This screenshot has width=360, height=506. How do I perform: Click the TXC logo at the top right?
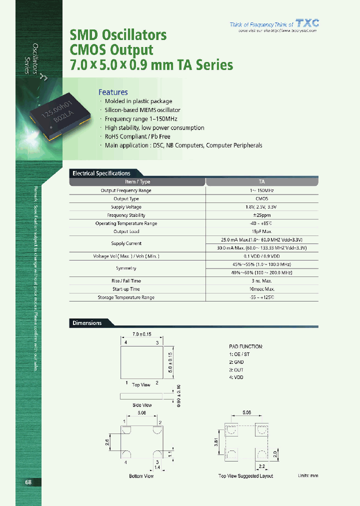pos(306,23)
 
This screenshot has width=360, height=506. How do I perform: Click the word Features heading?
pos(113,92)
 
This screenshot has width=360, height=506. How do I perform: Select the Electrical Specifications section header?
pos(101,173)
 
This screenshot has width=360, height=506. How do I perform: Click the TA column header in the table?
pos(261,182)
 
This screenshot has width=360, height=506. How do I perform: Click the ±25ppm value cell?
pos(261,215)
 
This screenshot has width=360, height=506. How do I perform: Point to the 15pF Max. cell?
pos(261,231)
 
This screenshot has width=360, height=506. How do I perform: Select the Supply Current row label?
pos(126,243)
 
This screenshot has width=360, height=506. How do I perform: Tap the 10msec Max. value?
pos(261,289)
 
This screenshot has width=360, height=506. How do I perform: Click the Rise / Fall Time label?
pos(126,281)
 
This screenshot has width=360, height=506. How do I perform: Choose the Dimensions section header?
pos(87,323)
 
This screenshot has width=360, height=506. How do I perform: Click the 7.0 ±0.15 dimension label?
pos(142,333)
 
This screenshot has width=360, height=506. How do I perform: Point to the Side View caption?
pos(142,405)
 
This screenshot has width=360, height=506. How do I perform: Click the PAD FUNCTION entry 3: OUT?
pos(236,369)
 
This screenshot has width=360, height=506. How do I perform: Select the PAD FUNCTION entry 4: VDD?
pos(236,377)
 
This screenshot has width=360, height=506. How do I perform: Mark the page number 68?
pos(28,482)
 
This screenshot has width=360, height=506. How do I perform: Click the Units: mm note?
pos(307,475)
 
